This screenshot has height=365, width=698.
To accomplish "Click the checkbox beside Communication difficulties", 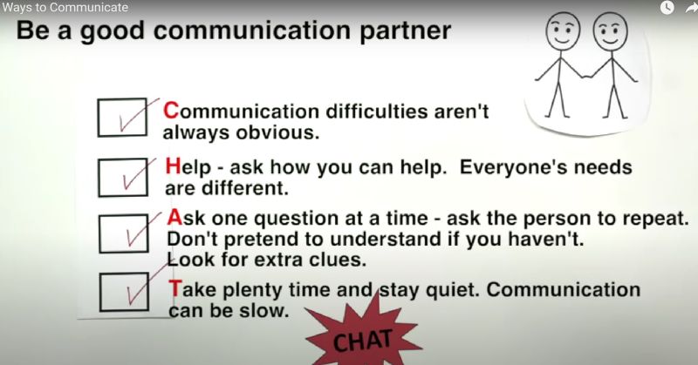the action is tap(122, 118).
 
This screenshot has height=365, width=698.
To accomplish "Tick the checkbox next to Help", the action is tap(123, 178).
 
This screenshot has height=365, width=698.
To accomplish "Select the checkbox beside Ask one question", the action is tap(124, 233).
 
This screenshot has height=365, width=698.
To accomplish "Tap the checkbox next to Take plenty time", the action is tap(124, 292).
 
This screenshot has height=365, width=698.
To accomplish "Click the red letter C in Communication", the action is tap(171, 111).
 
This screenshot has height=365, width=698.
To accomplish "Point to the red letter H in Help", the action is tap(173, 166).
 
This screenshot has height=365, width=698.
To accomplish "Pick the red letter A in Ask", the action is tap(175, 218).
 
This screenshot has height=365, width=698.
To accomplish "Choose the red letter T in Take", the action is tap(175, 289).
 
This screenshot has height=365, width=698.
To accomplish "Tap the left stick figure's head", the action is tap(563, 31).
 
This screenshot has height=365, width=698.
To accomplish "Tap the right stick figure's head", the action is tap(611, 32).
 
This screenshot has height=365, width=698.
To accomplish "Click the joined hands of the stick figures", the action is tap(587, 76).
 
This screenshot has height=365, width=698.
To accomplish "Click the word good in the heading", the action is tap(113, 32).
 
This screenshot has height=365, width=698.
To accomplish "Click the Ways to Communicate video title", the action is tap(65, 8).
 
